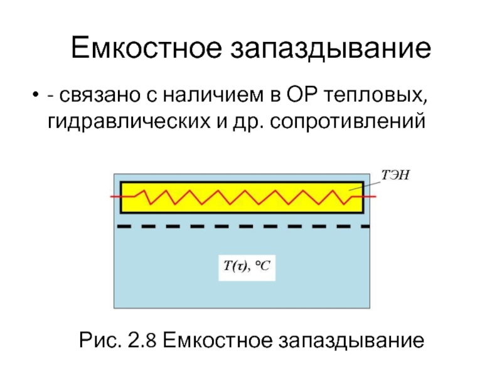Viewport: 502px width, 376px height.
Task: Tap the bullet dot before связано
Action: tap(34, 97)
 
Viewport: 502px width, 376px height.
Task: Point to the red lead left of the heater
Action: tap(115, 197)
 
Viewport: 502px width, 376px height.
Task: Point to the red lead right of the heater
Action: tap(370, 197)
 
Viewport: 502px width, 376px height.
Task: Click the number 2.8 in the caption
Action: tap(141, 342)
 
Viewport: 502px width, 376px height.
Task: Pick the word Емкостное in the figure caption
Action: tap(217, 342)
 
